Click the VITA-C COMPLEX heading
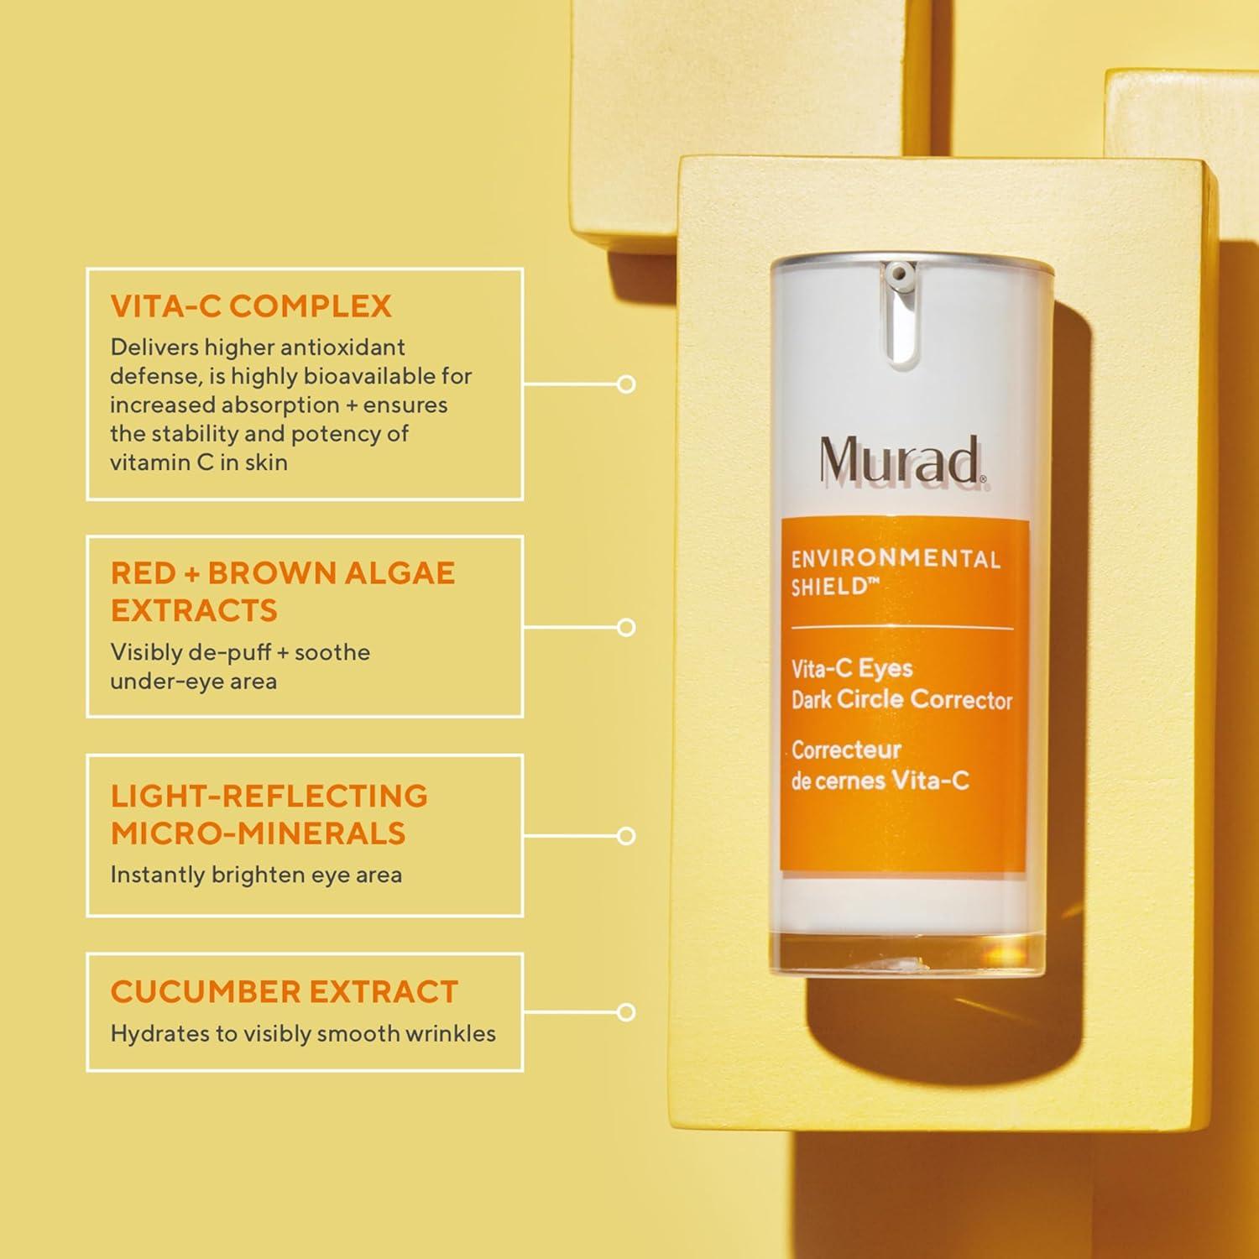pos(251,306)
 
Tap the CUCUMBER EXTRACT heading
pos(284,992)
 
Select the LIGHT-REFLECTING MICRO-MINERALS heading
pos(269,814)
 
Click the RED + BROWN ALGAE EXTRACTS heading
pos(282,591)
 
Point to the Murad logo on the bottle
pos(901,460)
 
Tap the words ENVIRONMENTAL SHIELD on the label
pos(895,572)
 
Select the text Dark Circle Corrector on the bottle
pos(901,700)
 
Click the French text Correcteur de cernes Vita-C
pos(879,765)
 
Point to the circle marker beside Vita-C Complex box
pos(626,384)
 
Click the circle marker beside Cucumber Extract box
pos(626,1012)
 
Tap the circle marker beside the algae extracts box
pos(626,627)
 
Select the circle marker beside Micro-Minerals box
pos(626,836)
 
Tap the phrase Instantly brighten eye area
pos(256,875)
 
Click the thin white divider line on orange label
pos(902,628)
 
